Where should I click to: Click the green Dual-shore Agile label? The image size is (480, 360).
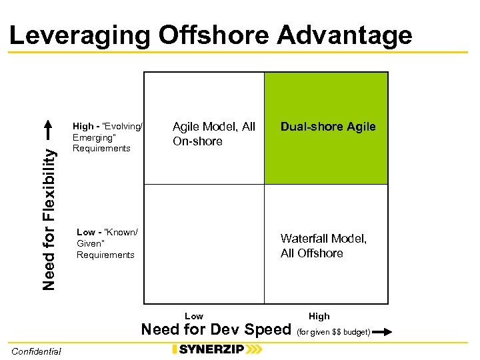point(328,127)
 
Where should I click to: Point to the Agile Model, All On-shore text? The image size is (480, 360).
point(213,134)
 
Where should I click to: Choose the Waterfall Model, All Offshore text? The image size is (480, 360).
point(323,246)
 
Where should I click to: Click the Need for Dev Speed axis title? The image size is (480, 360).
point(217,329)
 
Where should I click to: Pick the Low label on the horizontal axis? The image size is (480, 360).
point(194,316)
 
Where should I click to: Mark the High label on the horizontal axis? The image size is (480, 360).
point(319,316)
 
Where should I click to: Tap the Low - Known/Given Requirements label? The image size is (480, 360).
point(107,243)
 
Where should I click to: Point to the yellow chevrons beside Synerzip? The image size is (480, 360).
point(254,349)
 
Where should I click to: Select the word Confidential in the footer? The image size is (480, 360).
point(36,351)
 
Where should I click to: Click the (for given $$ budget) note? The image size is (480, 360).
point(333,331)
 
